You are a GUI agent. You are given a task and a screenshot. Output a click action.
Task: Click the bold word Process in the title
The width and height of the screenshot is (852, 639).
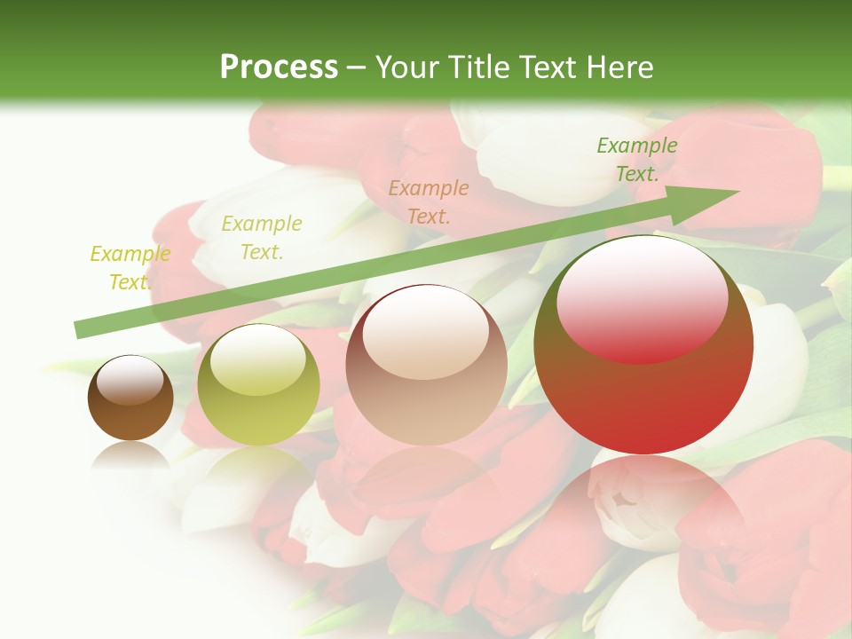point(279,67)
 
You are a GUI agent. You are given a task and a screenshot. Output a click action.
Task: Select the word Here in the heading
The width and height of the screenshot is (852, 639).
point(619,67)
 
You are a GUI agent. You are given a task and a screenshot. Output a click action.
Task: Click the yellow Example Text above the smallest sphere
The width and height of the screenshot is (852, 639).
point(130,268)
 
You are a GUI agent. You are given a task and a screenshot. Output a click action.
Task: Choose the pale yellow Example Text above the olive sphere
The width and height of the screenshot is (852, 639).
point(262,238)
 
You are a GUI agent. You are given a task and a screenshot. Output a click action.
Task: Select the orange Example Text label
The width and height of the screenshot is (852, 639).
point(429,201)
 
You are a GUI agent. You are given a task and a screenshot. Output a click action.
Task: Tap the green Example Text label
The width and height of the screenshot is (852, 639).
point(636,160)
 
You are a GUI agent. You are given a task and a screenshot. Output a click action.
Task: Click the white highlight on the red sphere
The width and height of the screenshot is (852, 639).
point(642,297)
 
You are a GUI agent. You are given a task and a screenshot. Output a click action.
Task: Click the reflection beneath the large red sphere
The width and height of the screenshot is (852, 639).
point(643,506)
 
